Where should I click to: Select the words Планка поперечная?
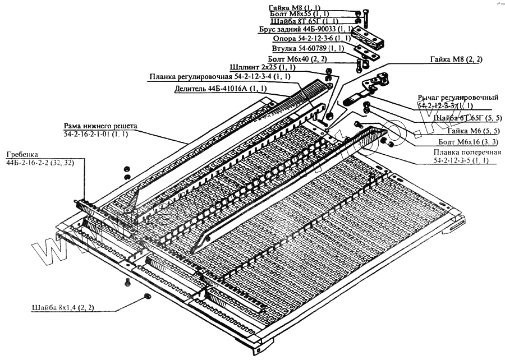[459, 153]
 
